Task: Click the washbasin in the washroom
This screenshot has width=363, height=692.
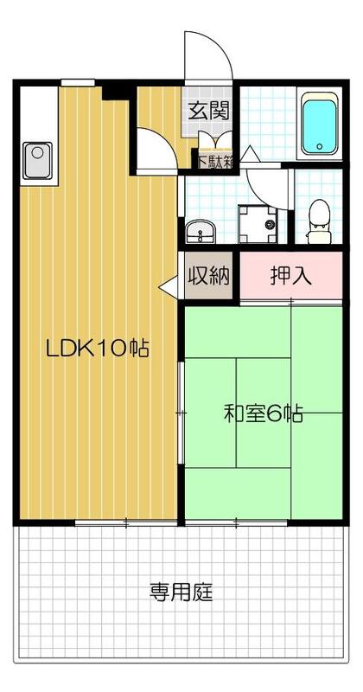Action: pos(201,232)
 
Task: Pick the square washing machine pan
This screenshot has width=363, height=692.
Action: pos(256,224)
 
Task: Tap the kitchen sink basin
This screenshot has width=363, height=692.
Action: pos(38,158)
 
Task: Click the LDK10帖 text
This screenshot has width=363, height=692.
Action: pos(98,349)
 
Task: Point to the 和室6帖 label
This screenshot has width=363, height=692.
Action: pos(263,413)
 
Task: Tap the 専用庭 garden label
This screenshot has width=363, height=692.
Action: pos(181,593)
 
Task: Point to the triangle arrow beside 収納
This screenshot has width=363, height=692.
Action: pos(168,286)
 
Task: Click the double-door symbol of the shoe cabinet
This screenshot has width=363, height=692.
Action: pos(212,140)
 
